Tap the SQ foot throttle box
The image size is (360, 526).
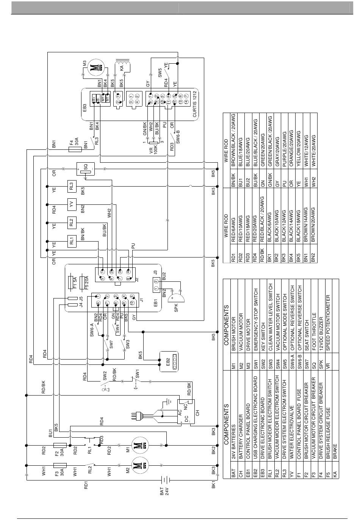click(86, 169)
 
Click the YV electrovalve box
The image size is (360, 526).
click(72, 204)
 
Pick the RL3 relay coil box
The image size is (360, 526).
click(72, 187)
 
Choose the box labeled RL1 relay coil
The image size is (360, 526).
click(72, 241)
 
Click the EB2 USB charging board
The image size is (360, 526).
click(169, 362)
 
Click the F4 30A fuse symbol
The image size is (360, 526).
click(75, 149)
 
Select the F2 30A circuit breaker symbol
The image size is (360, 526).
click(60, 445)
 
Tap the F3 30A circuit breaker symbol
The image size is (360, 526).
click(60, 465)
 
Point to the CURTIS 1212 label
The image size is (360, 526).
click(195, 104)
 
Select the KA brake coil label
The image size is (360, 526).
click(122, 68)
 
